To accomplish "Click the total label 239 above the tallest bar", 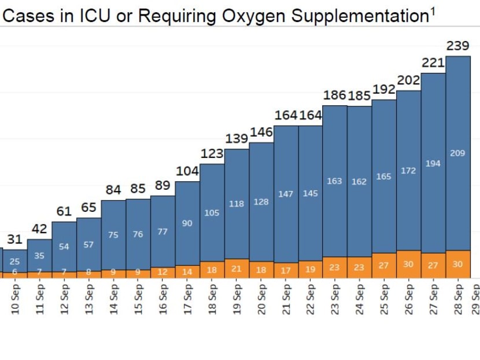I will (457, 46).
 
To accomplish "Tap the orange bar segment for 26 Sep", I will (408, 264).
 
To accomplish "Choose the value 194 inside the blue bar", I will (433, 164).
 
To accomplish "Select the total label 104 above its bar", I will (187, 171).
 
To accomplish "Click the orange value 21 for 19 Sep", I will (237, 269).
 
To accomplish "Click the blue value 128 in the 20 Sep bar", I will (261, 202).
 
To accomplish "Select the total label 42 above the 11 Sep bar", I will (39, 229).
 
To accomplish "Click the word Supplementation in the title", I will (359, 16).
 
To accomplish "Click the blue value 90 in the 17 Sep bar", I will (187, 223).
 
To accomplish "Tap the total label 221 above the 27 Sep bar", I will (433, 63).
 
